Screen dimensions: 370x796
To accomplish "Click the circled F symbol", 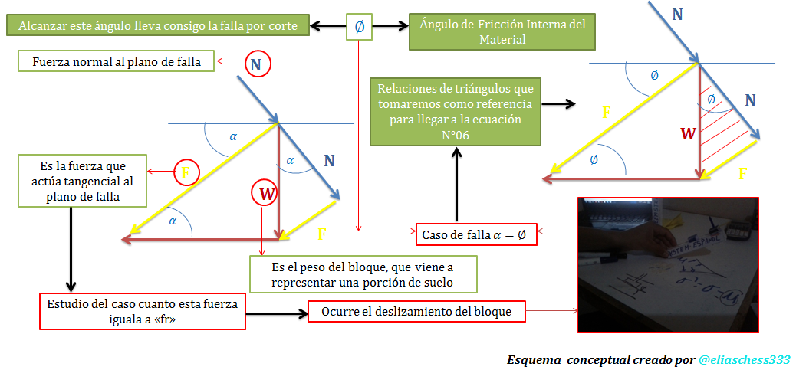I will coord(186,172).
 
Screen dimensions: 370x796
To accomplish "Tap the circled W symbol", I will coord(265,194).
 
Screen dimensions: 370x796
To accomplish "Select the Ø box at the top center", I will coord(360,26).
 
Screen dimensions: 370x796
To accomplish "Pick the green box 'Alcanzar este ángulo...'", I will coord(157,25).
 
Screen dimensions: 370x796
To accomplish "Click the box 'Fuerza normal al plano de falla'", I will coord(117,62).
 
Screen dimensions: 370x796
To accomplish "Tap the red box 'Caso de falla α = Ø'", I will coord(475,234).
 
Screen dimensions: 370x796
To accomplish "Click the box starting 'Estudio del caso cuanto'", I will coord(143,310).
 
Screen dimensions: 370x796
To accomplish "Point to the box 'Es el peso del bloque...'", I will coord(363,273).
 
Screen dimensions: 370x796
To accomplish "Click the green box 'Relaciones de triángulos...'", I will coord(456,111).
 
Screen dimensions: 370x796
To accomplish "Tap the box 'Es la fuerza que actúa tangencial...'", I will coord(73,181).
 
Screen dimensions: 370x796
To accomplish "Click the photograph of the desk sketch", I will coord(667,264).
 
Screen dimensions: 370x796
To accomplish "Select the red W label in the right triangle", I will coord(688,133).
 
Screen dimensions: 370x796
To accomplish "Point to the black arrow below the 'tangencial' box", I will coord(70,248).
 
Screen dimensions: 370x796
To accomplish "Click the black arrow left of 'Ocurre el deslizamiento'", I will coord(276,313).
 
